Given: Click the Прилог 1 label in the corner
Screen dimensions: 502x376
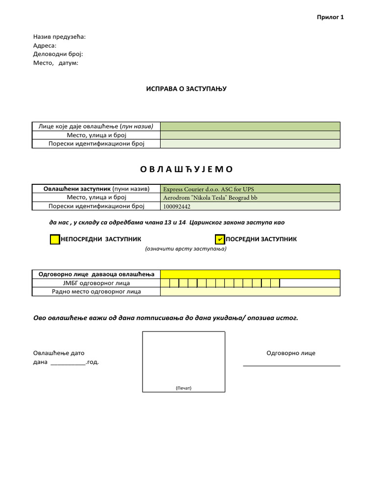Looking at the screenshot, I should point(331,17).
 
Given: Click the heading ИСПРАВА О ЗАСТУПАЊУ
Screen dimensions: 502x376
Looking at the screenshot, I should point(187,89).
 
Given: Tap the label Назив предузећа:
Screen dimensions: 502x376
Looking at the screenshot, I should point(59,37).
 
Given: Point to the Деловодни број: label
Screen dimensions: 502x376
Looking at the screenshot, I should point(58,54).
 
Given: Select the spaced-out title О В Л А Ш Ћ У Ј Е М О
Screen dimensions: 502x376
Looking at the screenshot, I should point(187,169).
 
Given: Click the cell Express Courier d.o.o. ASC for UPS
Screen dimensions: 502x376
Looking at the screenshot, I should point(250,189).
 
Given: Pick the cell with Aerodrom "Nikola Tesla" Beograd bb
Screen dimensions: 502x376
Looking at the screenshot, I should point(250,198).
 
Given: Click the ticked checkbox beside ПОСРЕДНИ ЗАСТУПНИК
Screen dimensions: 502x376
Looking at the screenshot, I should point(220,239).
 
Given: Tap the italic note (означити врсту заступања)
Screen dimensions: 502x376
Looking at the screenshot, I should point(185,249).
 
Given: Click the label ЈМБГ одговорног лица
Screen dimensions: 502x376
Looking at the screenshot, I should point(96,283).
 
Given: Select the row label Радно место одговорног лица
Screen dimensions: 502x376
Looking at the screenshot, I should point(96,292).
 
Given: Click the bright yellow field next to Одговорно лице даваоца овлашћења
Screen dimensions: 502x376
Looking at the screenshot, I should point(250,274).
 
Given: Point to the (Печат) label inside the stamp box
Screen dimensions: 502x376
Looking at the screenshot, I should point(183,388).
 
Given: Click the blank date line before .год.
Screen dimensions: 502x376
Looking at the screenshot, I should point(68,363).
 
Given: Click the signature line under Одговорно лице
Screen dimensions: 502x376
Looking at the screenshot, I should point(291,365).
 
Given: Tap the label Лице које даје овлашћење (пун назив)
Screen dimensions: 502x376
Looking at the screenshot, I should point(96,126).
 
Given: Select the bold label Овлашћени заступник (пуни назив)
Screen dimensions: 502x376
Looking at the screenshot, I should point(96,189).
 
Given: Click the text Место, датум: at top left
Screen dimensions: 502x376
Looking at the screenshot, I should point(55,63).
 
